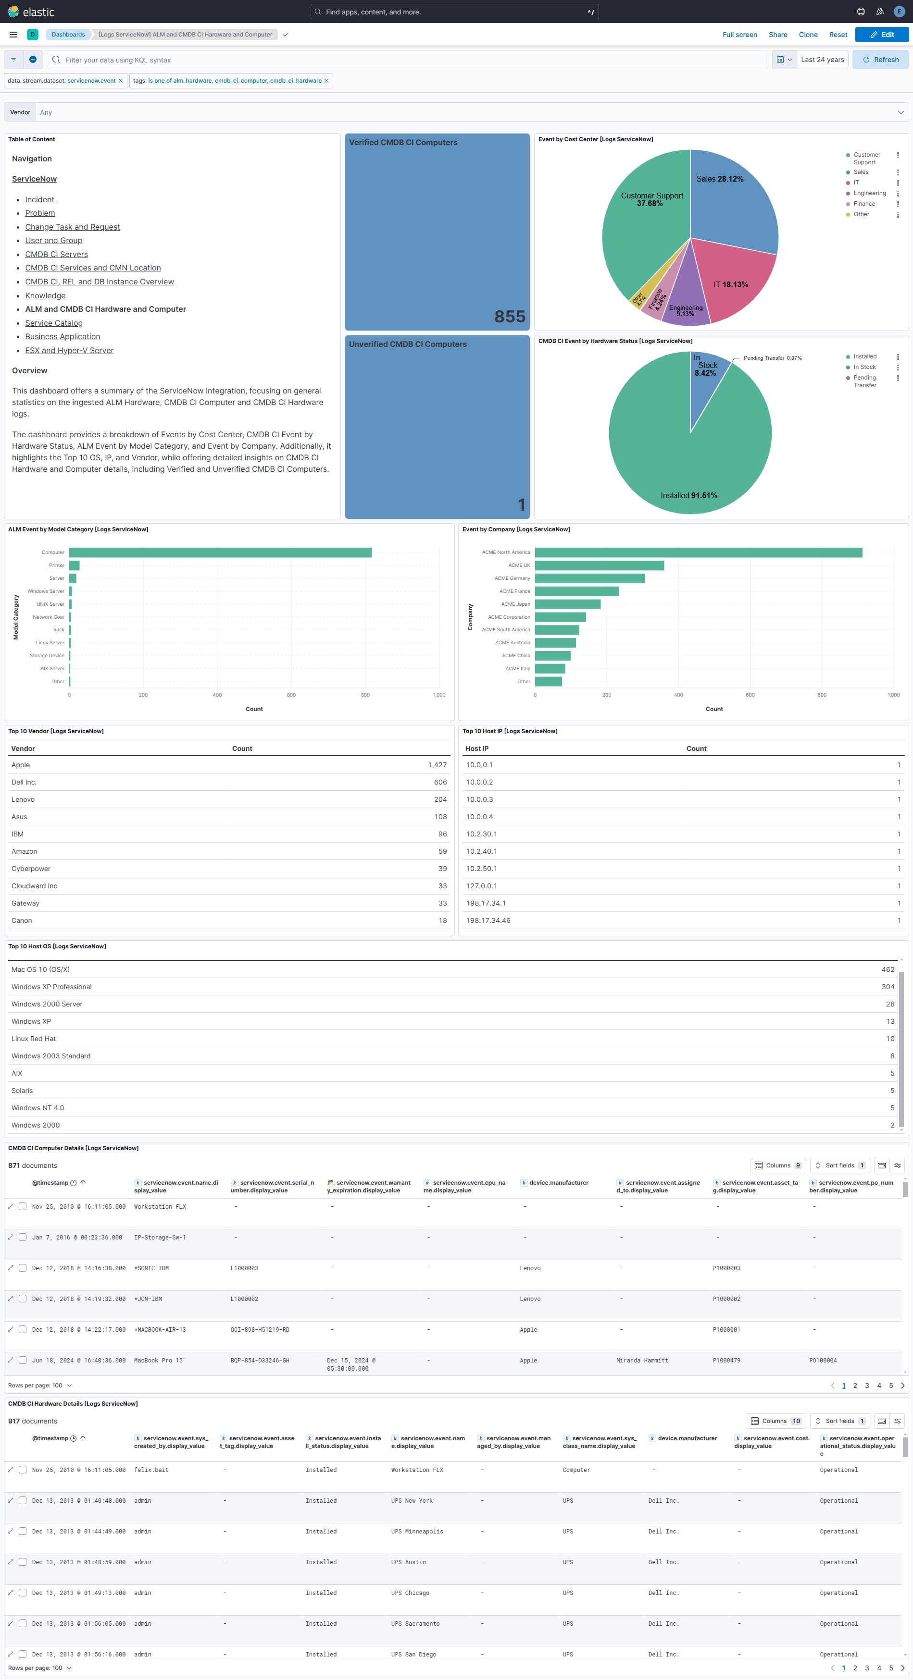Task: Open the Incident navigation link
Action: (39, 199)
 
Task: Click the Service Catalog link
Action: (53, 323)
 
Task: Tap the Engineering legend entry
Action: (869, 193)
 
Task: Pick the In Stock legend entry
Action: (864, 367)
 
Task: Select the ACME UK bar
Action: (599, 565)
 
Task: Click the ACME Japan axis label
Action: (515, 604)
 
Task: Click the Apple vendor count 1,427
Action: (437, 765)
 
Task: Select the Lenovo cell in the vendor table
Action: (23, 799)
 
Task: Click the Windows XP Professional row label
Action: (51, 987)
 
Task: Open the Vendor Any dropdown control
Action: (470, 112)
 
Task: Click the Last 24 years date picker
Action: (822, 60)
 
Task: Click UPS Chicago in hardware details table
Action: (410, 1593)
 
